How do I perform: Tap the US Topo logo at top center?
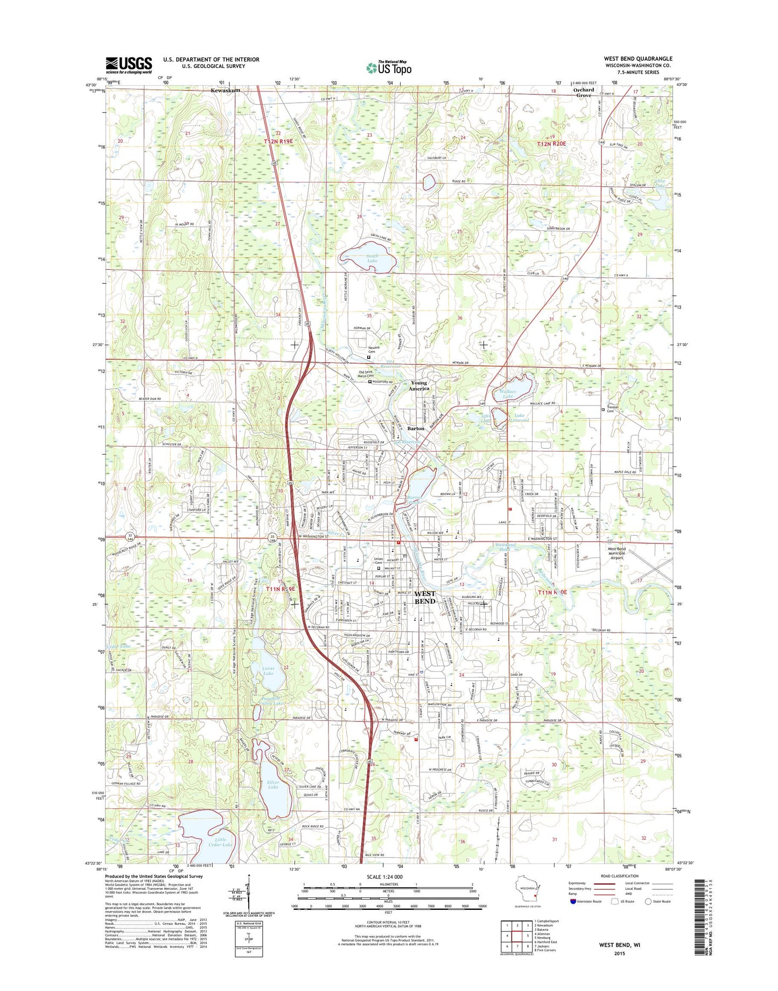pos(389,67)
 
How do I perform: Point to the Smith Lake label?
pos(372,259)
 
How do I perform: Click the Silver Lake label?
pos(273,785)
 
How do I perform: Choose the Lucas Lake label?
pos(268,671)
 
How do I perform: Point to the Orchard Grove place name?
pos(584,93)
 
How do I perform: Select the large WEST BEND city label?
pos(425,598)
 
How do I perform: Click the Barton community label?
pos(416,429)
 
